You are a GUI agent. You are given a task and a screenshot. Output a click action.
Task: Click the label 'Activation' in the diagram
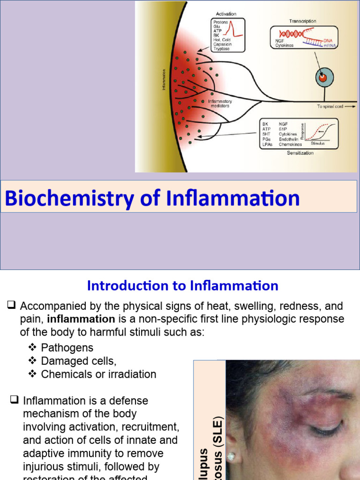tap(225, 14)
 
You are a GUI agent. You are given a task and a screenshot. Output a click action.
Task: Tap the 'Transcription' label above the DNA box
tap(302, 21)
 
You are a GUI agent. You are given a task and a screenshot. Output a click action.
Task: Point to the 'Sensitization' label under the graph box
tap(300, 153)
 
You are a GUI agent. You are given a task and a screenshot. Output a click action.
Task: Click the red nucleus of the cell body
tap(322, 78)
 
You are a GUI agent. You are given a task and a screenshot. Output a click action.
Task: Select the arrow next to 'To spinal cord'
tap(352, 107)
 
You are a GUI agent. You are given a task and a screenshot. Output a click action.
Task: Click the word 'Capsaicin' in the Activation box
tap(222, 45)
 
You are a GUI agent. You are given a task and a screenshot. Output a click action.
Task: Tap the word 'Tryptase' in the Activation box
tap(221, 49)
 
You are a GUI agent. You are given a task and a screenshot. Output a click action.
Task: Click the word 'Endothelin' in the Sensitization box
tap(289, 140)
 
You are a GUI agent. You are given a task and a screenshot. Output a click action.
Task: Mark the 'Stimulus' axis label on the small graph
tap(317, 143)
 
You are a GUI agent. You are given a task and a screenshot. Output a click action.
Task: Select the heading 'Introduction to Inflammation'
tap(183, 285)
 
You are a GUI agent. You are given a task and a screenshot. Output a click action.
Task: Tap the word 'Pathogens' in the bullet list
tap(67, 348)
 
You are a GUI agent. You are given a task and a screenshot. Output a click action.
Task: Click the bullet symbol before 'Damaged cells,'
tap(32, 361)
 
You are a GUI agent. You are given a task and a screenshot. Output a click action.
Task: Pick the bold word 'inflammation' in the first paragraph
tap(81, 319)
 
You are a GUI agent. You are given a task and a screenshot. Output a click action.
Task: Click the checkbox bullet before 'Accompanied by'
tap(12, 306)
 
